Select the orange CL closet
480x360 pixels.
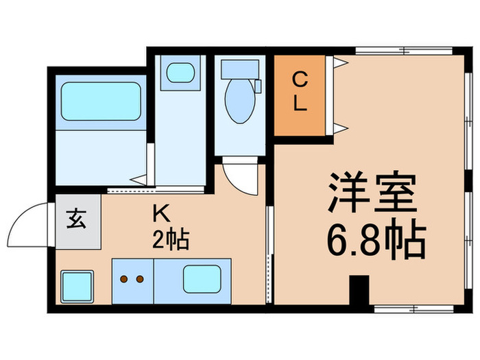click(300, 95)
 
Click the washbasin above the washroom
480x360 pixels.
click(180, 72)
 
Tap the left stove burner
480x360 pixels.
click(125, 279)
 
